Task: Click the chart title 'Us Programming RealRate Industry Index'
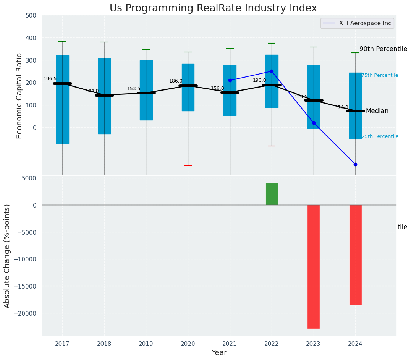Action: point(213,8)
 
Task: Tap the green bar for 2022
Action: point(272,194)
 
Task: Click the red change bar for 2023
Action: point(314,266)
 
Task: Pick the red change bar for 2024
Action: point(355,255)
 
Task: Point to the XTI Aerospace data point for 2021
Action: point(230,80)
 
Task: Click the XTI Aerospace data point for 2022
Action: point(272,71)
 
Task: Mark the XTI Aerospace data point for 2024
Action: point(355,164)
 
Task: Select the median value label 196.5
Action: point(50,79)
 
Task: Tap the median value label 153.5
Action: point(134,89)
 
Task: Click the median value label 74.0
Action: point(343,108)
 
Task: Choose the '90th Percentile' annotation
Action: point(383,49)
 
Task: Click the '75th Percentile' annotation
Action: point(380,75)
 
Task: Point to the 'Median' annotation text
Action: point(377,111)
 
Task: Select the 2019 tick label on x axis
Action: point(146,344)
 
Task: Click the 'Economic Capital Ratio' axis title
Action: point(19,96)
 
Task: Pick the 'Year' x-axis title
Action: point(219,353)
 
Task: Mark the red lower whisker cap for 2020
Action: point(188,165)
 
